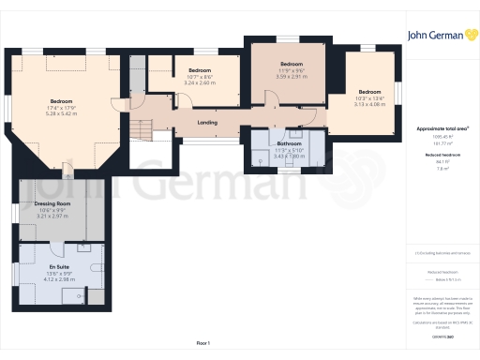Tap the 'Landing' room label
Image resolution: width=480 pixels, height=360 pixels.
(208, 122)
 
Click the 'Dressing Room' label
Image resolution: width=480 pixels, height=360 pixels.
(52, 203)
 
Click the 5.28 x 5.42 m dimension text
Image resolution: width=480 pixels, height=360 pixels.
(62, 113)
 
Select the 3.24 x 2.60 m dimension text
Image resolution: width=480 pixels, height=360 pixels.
(201, 82)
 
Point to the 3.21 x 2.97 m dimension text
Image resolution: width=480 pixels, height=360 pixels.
(52, 215)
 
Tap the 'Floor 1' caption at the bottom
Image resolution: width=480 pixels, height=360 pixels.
(202, 343)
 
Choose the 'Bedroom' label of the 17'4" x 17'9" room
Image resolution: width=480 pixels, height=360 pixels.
(62, 101)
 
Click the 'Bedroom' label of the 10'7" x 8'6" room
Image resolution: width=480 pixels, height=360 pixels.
(201, 70)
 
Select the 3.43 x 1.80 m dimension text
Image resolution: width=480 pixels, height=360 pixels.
(287, 156)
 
